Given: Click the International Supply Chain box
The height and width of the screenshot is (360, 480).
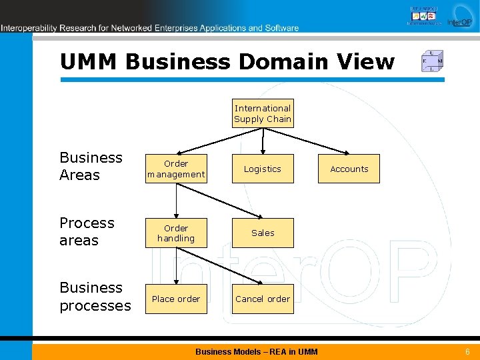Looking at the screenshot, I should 263,113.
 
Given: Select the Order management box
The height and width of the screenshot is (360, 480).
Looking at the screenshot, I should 176,169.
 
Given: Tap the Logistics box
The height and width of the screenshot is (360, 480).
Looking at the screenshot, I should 263,169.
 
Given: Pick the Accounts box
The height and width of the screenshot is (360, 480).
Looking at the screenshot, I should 349,169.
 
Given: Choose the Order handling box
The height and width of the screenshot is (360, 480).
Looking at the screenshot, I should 176,233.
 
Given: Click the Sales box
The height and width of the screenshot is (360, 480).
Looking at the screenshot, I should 263,233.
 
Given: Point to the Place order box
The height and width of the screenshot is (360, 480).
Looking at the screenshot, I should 176,299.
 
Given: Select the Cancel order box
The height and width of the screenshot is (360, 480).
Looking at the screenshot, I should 263,299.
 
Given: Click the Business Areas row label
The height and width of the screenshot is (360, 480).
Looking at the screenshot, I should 91,166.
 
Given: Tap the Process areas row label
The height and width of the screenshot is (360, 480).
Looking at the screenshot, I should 87,231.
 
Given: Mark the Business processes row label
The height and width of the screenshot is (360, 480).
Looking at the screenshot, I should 95,297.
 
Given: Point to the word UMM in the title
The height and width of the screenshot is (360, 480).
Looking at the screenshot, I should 89,62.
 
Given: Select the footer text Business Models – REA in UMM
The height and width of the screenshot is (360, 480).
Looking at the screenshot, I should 257,351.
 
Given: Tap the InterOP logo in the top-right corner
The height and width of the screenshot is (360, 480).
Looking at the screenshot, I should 459,16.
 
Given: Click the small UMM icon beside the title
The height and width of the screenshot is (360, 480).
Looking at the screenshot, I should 432,61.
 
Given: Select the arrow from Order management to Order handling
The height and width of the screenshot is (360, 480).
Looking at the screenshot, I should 176,200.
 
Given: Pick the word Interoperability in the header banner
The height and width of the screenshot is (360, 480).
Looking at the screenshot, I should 29,28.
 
